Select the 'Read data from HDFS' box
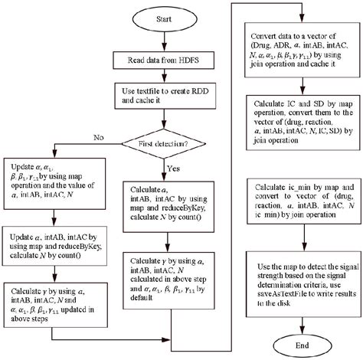162,59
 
